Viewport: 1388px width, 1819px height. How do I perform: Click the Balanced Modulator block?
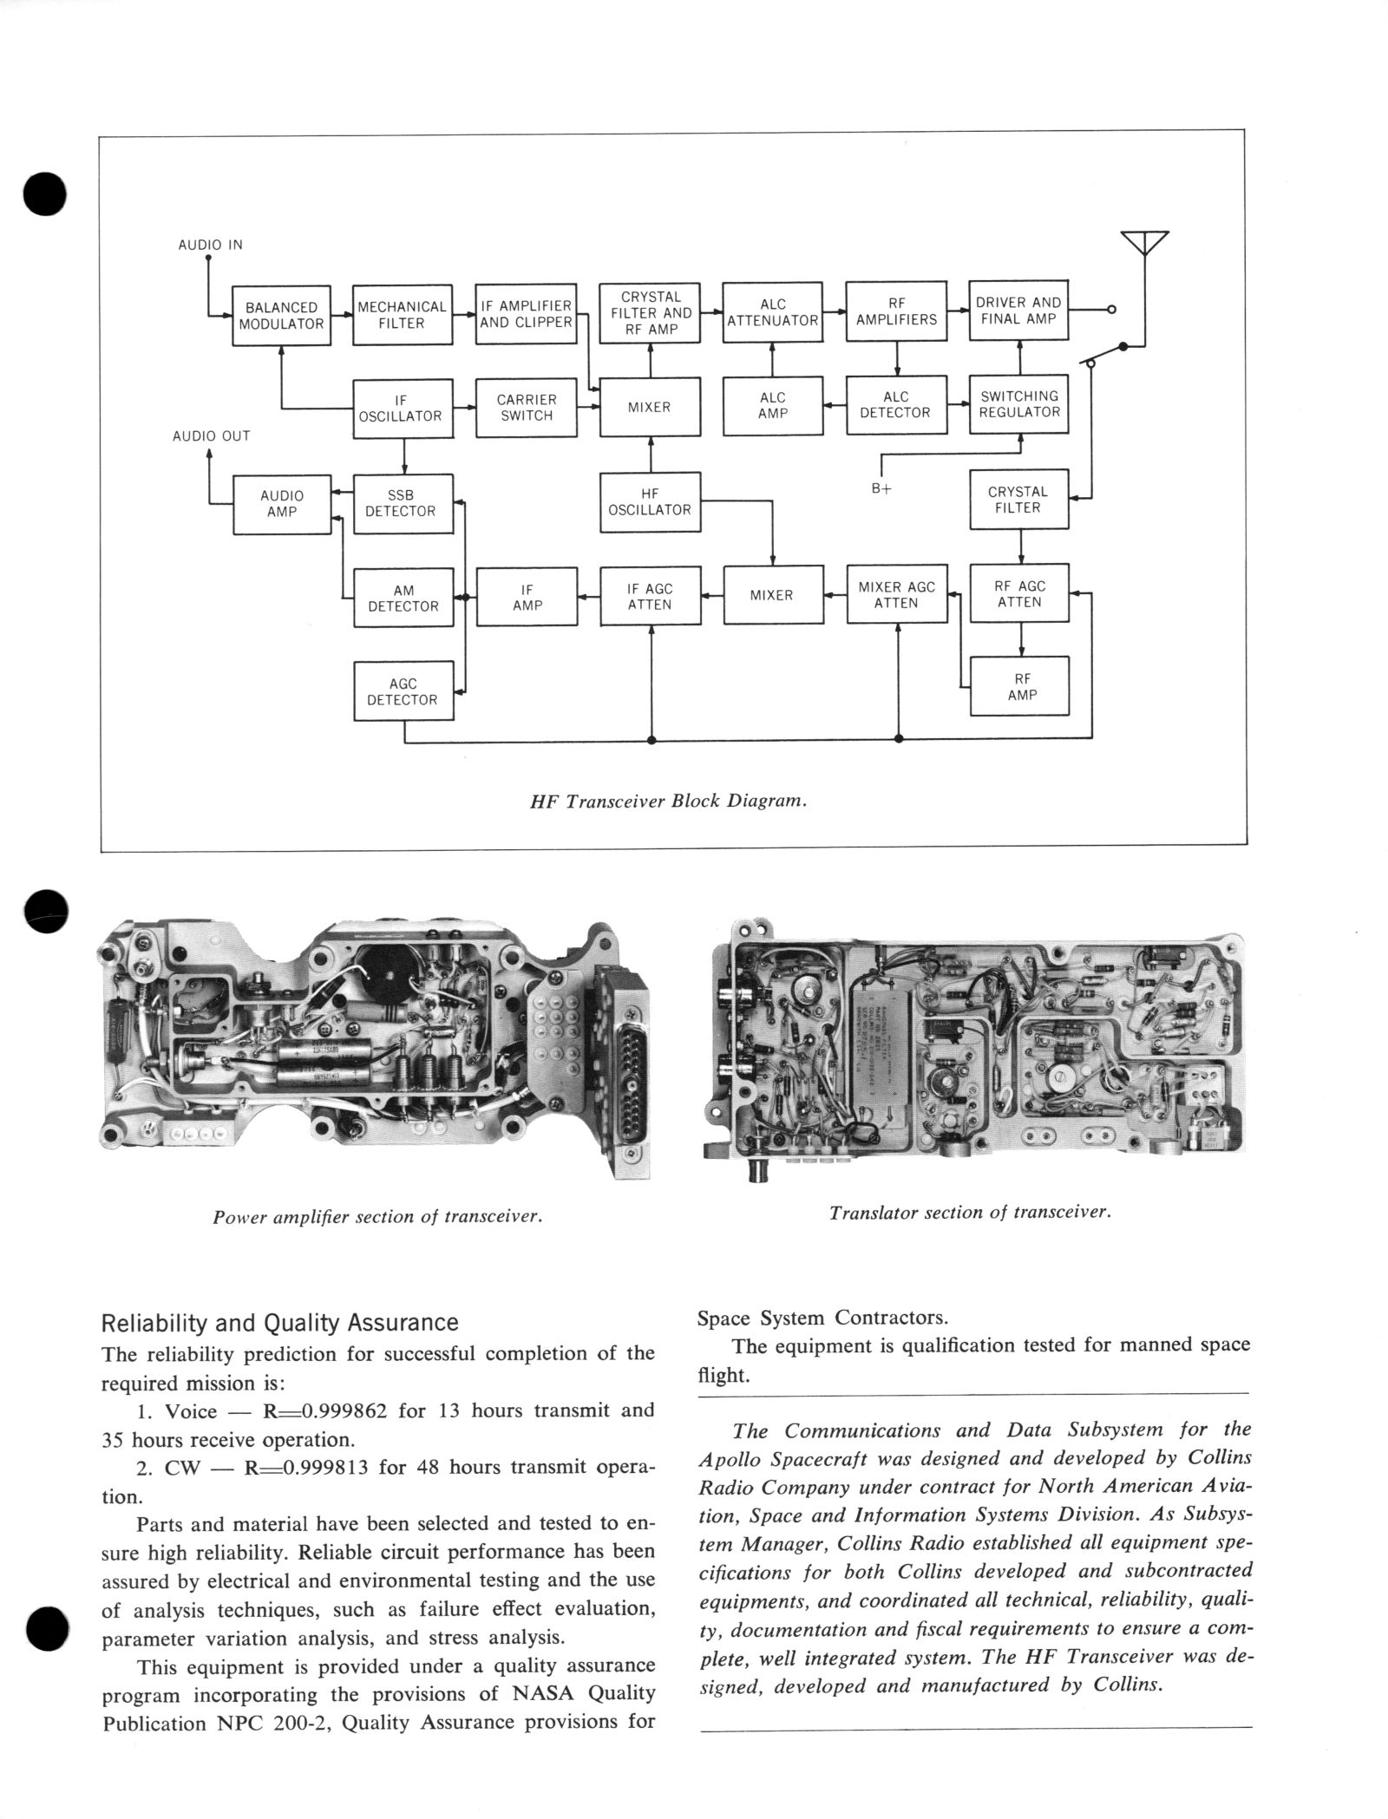[281, 316]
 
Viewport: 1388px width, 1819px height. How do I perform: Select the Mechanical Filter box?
[402, 315]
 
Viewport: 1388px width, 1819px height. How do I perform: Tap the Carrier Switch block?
[527, 408]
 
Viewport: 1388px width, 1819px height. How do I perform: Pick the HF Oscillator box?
[650, 502]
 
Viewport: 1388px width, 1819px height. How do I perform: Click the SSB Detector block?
[403, 503]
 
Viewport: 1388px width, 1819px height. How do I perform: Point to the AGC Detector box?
[403, 691]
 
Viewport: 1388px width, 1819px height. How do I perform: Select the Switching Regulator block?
[1018, 404]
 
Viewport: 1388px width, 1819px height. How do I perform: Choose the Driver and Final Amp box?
[1018, 311]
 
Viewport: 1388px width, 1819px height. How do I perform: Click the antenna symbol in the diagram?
[1144, 243]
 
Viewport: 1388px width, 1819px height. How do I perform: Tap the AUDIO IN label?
[210, 245]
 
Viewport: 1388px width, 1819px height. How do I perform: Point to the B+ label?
[881, 488]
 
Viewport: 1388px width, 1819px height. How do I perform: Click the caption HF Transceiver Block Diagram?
[668, 802]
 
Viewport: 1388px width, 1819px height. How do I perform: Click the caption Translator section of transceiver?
[969, 1213]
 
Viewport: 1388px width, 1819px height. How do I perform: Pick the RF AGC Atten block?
[1019, 594]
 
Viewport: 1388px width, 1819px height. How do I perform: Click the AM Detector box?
[403, 599]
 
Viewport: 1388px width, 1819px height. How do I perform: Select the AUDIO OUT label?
[211, 436]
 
